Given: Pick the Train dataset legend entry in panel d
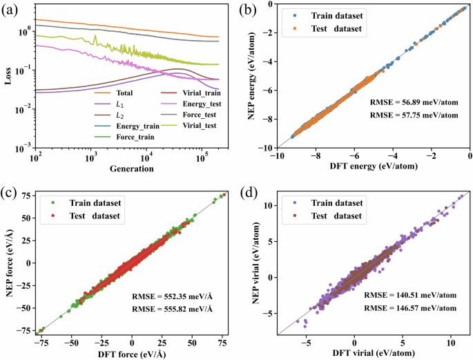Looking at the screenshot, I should (x=329, y=204).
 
